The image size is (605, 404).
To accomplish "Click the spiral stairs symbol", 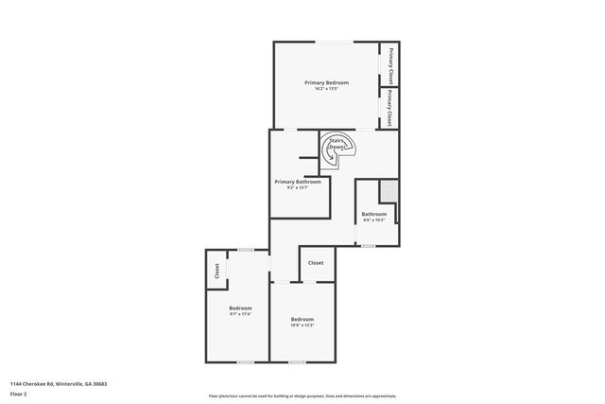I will point(337,148).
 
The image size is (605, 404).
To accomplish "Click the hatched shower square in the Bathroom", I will point(388,189).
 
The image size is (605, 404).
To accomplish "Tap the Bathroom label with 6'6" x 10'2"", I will point(373,214).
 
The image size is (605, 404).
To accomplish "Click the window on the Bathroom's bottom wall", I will point(369,246).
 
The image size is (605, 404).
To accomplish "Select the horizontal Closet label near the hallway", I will point(316,263).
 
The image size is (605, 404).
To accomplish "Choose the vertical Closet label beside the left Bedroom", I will point(216,271).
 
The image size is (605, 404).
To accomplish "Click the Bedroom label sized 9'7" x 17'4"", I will point(240,308).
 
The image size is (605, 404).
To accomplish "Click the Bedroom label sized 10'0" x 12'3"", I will point(302,319).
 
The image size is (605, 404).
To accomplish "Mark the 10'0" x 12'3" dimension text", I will point(302,325).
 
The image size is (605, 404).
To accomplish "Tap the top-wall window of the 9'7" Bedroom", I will point(245,250).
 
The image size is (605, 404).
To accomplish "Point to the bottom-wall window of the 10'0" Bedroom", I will point(297,361).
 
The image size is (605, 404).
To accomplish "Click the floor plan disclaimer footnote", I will point(302,395).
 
